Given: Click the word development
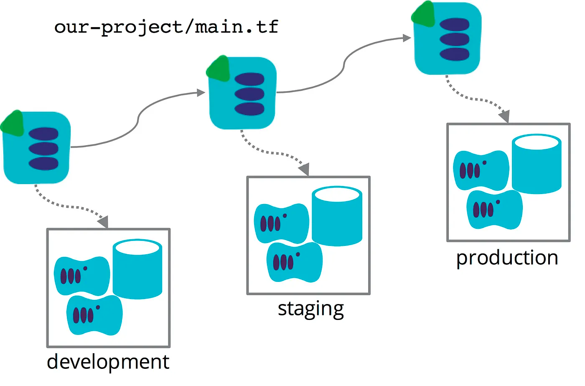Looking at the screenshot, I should pos(108,362).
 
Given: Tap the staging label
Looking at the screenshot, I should pos(310,309).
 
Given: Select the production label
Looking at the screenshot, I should pos(507,258).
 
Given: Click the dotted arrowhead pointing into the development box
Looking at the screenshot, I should pos(103,222).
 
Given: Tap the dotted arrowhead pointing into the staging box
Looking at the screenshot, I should pos(304,169).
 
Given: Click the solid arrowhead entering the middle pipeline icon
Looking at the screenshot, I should pos(201,92).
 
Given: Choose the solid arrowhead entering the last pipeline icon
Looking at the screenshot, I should pos(407,38).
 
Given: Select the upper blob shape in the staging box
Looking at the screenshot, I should pos(281,223).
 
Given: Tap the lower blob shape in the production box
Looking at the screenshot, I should pos(494,210).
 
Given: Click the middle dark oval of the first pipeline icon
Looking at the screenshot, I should pos(43,148).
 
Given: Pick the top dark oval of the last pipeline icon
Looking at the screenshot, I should pos(455,25).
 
